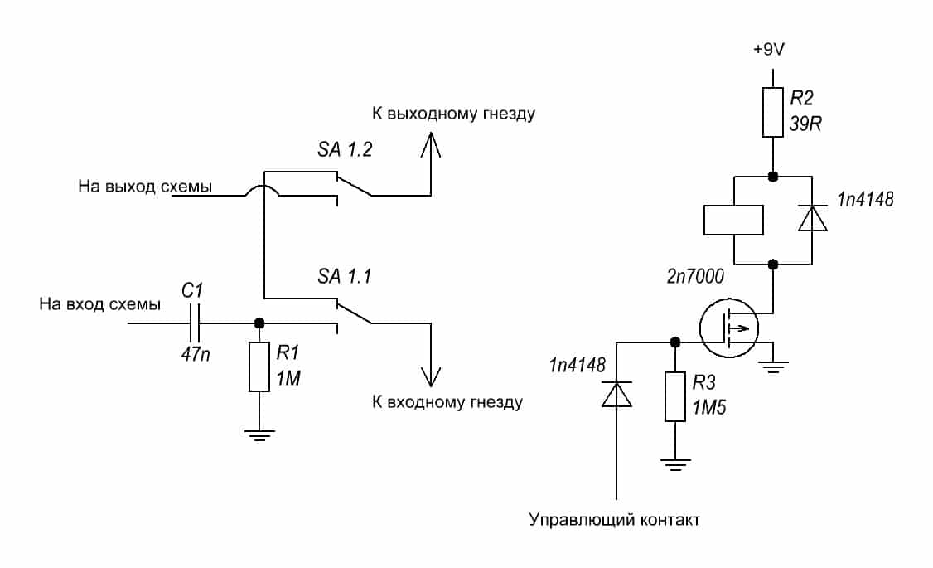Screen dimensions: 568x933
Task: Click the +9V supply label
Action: [x=769, y=50]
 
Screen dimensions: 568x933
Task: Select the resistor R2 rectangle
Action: [x=772, y=112]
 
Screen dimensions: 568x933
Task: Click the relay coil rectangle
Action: [x=733, y=219]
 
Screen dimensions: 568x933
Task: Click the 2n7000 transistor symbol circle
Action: [x=728, y=328]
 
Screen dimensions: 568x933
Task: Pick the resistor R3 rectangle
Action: [x=676, y=398]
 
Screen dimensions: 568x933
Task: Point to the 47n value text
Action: [x=196, y=352]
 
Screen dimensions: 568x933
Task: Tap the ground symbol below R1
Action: [x=260, y=434]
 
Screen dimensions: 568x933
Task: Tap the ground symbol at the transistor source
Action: [x=774, y=366]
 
